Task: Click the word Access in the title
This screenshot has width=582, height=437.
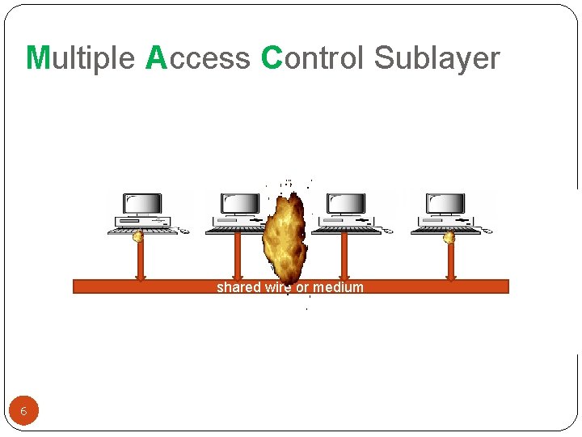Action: [198, 58]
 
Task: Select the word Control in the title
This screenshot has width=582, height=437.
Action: [314, 58]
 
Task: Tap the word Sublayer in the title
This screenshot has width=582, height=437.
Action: [437, 58]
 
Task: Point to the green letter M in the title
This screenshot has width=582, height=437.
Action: [37, 58]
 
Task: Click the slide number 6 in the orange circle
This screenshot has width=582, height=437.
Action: [23, 411]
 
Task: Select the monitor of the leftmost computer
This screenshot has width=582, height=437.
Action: [142, 204]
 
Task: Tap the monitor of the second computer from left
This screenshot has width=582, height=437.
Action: [240, 204]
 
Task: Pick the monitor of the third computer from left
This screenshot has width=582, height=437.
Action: [345, 204]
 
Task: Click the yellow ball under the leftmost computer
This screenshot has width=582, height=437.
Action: [138, 236]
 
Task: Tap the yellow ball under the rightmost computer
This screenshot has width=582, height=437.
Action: [449, 237]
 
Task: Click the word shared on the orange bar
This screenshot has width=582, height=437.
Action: [238, 287]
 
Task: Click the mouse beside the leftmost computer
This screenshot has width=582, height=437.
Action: [184, 231]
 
